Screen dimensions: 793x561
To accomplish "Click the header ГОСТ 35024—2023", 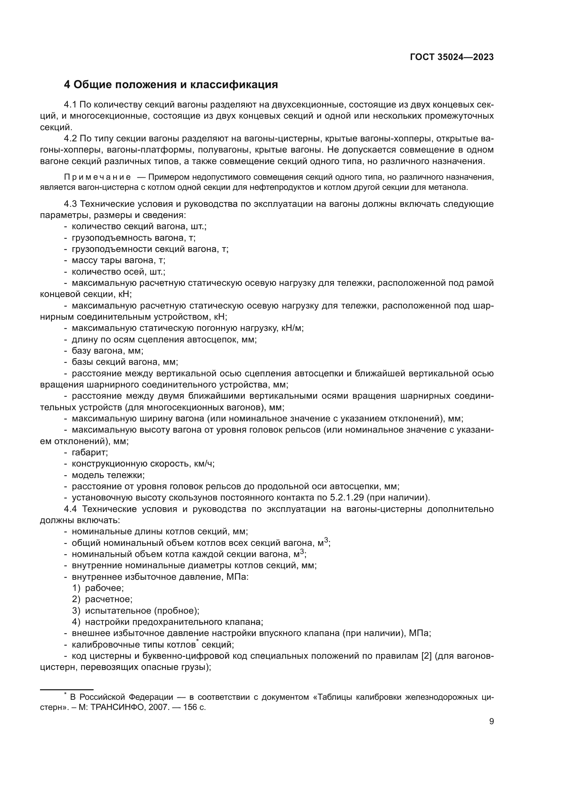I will [x=452, y=57].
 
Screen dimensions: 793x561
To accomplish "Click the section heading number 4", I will [x=67, y=85].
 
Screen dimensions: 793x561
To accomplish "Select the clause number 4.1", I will [x=71, y=105].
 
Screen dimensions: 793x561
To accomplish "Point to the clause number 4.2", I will [x=71, y=139].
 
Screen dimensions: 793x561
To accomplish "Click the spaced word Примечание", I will [x=97, y=177].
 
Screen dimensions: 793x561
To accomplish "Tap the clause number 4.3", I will [x=71, y=204].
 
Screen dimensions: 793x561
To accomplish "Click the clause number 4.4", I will [x=71, y=509].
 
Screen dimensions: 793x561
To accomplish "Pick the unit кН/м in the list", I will [x=293, y=328].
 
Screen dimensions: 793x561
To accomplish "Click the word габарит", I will [x=90, y=453].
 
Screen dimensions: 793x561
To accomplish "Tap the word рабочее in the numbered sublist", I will [x=104, y=588].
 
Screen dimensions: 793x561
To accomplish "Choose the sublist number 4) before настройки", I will [x=76, y=622].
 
